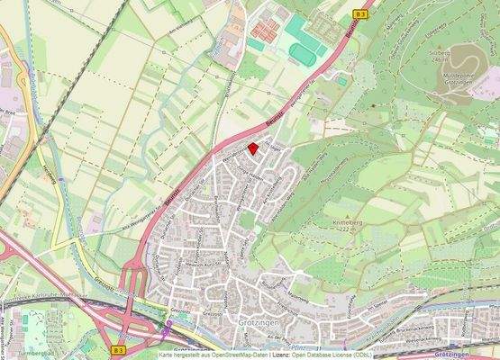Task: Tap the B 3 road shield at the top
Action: [x=361, y=14]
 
